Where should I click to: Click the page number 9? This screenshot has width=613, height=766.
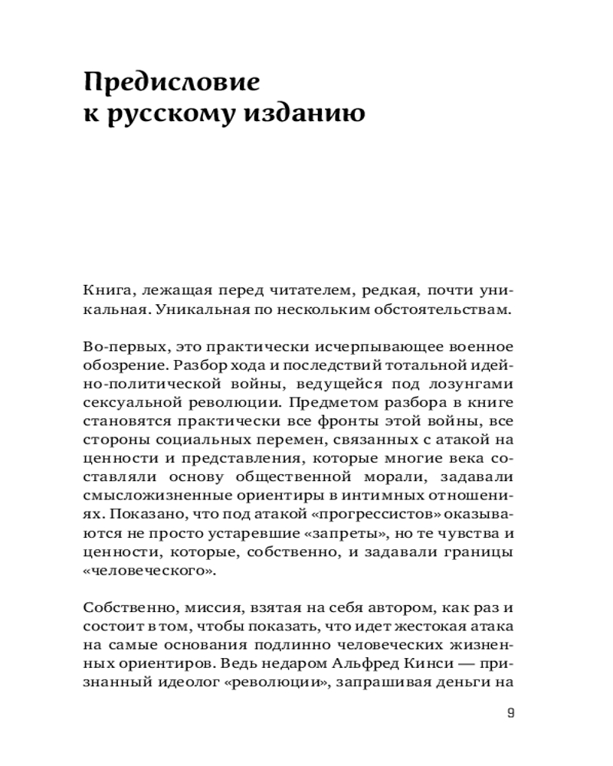pos(511,713)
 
